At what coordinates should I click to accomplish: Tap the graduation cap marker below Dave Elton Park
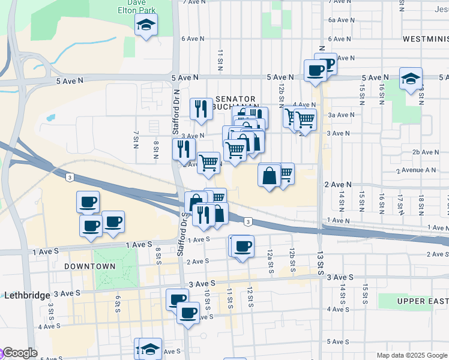click(145, 26)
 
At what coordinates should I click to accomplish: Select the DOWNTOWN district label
click(89, 266)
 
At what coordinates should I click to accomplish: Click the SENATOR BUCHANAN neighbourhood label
click(235, 103)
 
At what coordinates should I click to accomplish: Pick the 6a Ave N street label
click(340, 20)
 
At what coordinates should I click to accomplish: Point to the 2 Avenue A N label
click(416, 170)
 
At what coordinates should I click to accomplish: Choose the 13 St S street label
click(321, 262)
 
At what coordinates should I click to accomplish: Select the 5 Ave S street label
click(339, 342)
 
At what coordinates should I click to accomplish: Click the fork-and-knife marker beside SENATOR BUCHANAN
click(201, 109)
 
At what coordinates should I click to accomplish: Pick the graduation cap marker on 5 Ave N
click(411, 79)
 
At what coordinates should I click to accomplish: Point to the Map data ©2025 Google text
click(412, 355)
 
